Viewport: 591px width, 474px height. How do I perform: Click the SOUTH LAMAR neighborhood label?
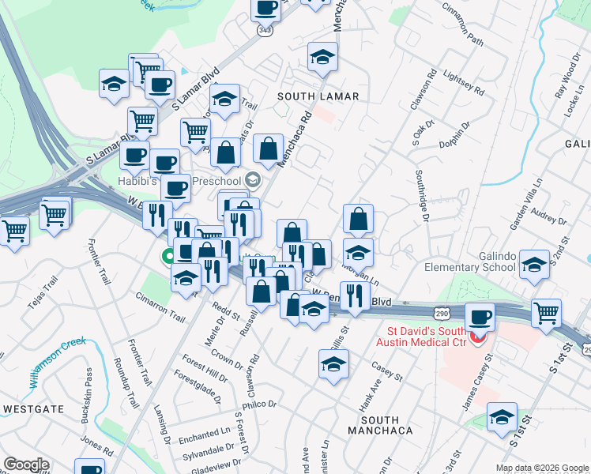click(x=318, y=96)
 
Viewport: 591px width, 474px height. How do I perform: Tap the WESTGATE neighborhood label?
click(x=33, y=409)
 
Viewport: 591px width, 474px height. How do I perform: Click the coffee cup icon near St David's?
click(x=480, y=318)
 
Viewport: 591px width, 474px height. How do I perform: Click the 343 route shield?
click(x=264, y=29)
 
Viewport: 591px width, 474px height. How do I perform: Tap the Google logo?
click(x=25, y=465)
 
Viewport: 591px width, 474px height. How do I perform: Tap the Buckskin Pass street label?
click(x=89, y=406)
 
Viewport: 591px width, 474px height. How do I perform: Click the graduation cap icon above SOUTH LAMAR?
click(x=322, y=56)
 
